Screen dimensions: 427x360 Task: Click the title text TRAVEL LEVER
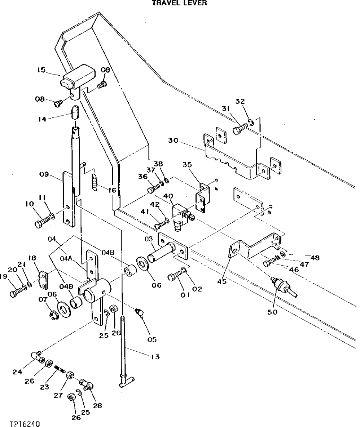coord(179,3)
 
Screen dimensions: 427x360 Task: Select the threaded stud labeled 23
coord(60,370)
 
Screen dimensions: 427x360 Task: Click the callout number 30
coord(173,141)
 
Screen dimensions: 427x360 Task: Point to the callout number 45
coord(221,282)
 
